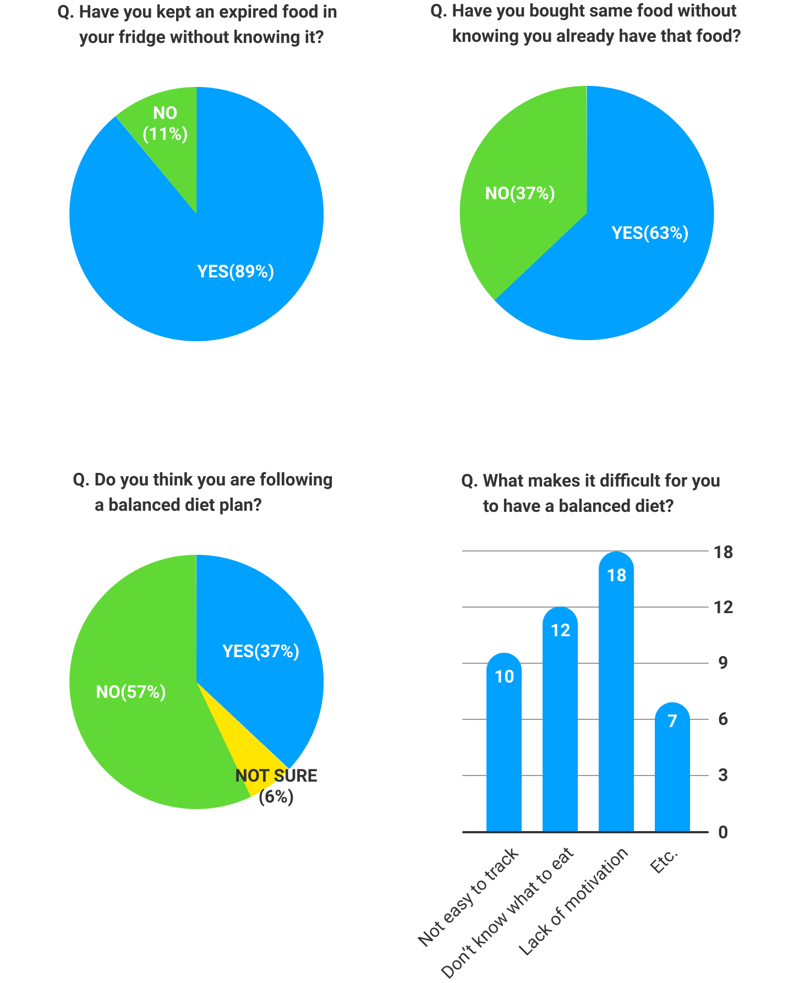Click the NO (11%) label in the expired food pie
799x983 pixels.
(165, 123)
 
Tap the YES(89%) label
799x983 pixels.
(236, 271)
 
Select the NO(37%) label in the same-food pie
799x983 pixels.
(520, 193)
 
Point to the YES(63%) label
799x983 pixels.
(650, 233)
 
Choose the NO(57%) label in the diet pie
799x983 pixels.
(131, 692)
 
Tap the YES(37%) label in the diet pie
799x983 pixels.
(261, 651)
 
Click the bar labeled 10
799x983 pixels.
(504, 743)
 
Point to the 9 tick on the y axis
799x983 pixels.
(723, 663)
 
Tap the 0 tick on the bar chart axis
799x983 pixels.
(723, 832)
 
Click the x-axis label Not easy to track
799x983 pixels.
(469, 897)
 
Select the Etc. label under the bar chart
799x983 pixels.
(665, 862)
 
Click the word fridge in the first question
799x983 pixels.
(142, 37)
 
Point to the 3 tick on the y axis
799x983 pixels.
(723, 776)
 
